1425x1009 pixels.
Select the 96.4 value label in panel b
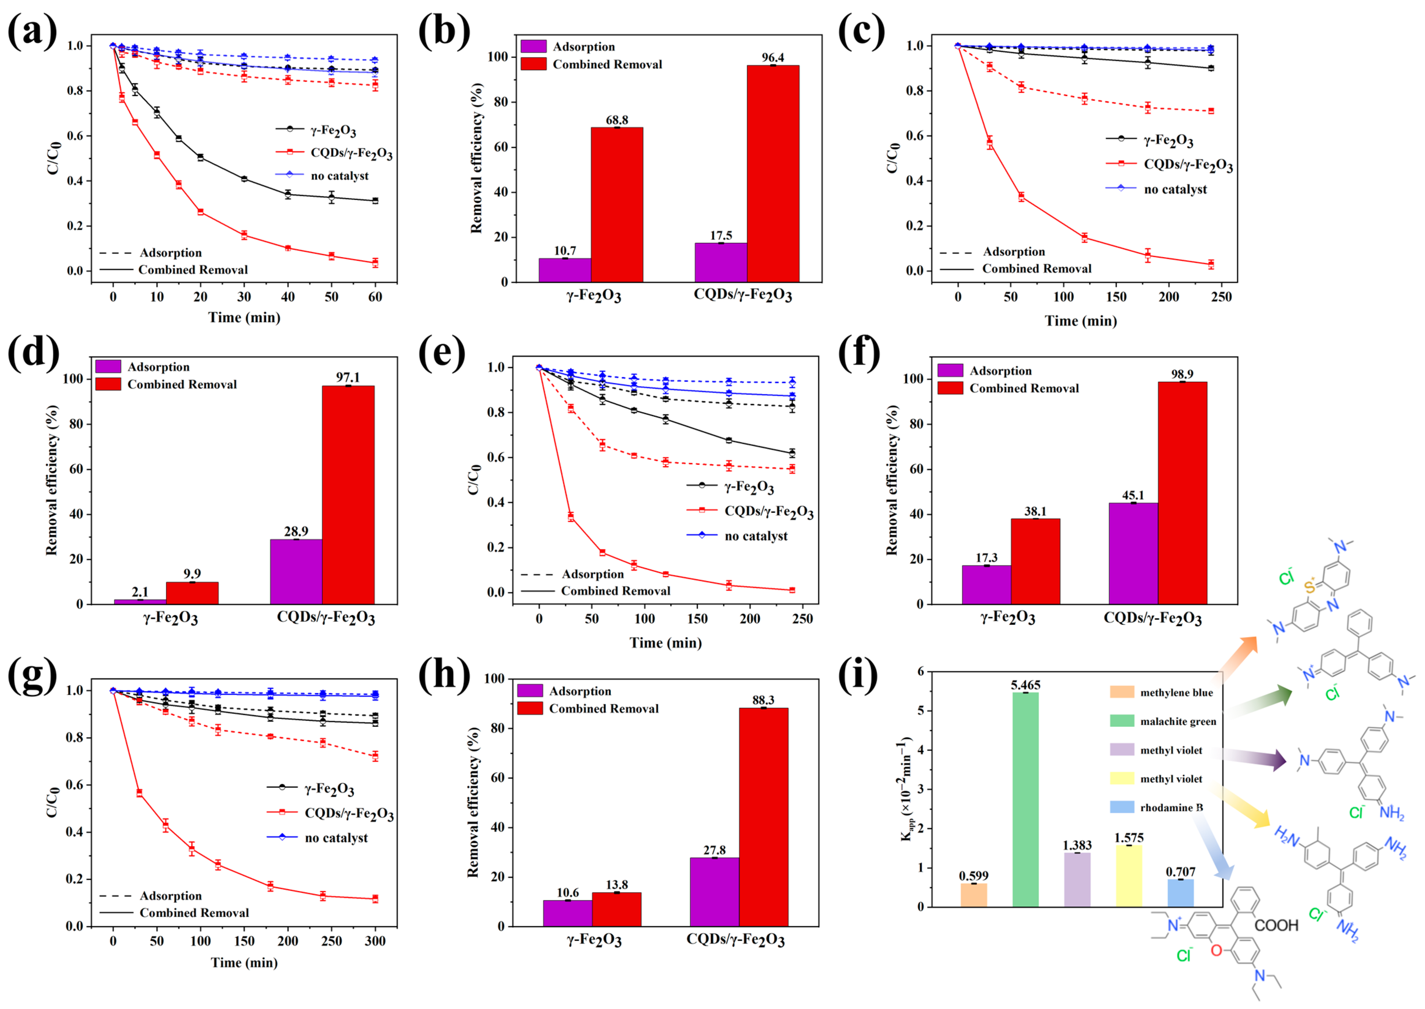773,57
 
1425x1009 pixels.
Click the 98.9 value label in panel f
1182,374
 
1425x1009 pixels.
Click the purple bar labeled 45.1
1133,553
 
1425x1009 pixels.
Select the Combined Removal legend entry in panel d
167,385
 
